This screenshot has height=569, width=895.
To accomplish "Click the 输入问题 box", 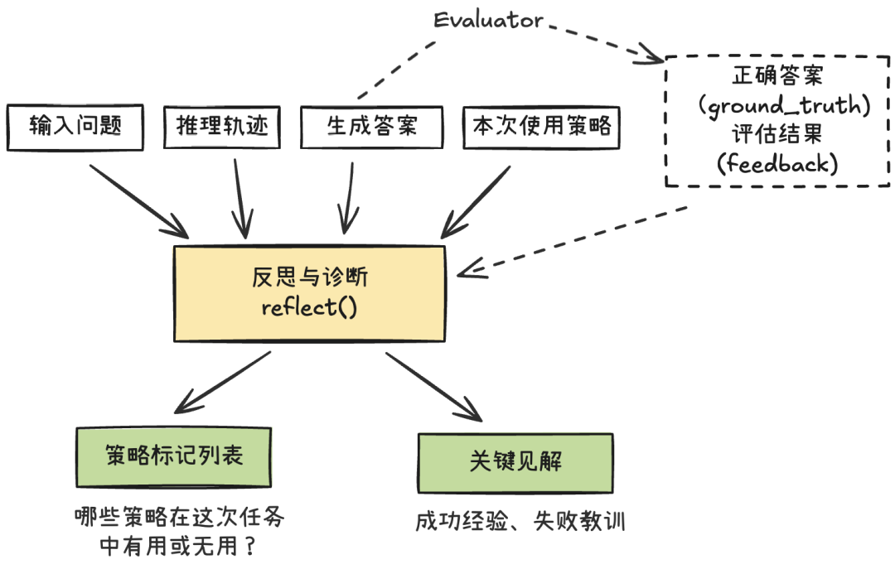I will point(75,126).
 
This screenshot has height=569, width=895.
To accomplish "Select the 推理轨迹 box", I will point(216,126).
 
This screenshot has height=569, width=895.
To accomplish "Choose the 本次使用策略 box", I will point(541,126).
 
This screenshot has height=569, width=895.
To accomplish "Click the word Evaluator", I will point(489,19).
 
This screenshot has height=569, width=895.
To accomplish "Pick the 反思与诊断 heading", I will point(308,277).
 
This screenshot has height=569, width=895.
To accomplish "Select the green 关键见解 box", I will point(515,461).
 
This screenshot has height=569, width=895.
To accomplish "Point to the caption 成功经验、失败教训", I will point(520,522).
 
